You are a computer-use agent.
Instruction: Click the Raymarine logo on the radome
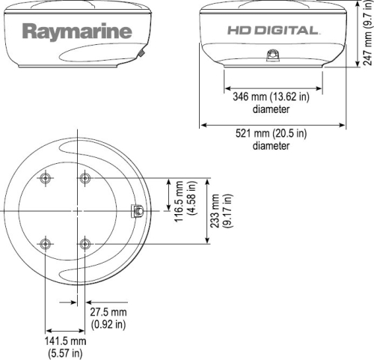[77, 31]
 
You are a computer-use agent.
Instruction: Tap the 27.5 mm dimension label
[108, 312]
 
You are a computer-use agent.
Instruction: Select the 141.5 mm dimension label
[66, 341]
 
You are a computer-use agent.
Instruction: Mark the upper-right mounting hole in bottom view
[85, 178]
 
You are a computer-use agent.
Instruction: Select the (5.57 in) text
[65, 352]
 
